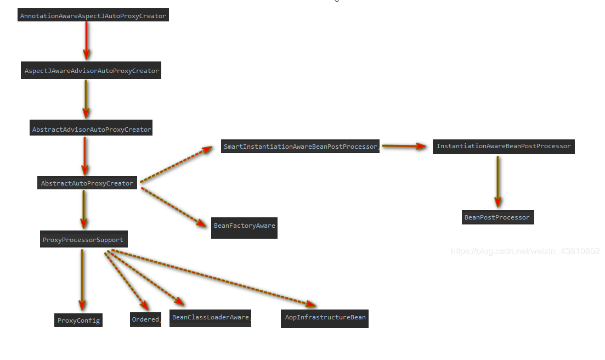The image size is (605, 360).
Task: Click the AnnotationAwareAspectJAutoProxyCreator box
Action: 93,16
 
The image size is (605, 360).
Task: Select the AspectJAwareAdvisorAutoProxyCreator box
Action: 91,71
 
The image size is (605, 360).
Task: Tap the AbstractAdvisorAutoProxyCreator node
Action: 91,130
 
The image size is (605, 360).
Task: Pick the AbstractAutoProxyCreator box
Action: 87,183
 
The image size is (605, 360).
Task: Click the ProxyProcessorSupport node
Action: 83,240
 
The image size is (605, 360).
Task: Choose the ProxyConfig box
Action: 78,320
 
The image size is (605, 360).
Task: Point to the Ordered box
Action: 145,319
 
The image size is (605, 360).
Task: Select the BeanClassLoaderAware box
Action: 210,317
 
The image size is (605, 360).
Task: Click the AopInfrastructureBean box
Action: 325,318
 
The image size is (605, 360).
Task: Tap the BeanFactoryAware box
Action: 244,226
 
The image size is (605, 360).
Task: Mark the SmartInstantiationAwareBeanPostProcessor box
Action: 300,147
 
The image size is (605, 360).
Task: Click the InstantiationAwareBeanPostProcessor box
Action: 504,147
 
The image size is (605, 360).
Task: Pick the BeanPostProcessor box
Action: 497,217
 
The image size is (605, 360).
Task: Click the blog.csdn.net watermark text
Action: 525,251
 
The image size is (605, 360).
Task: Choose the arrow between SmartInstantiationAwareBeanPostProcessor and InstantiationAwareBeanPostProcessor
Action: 404,146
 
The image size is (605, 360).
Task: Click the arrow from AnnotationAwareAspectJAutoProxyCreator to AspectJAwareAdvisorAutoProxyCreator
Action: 86,40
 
